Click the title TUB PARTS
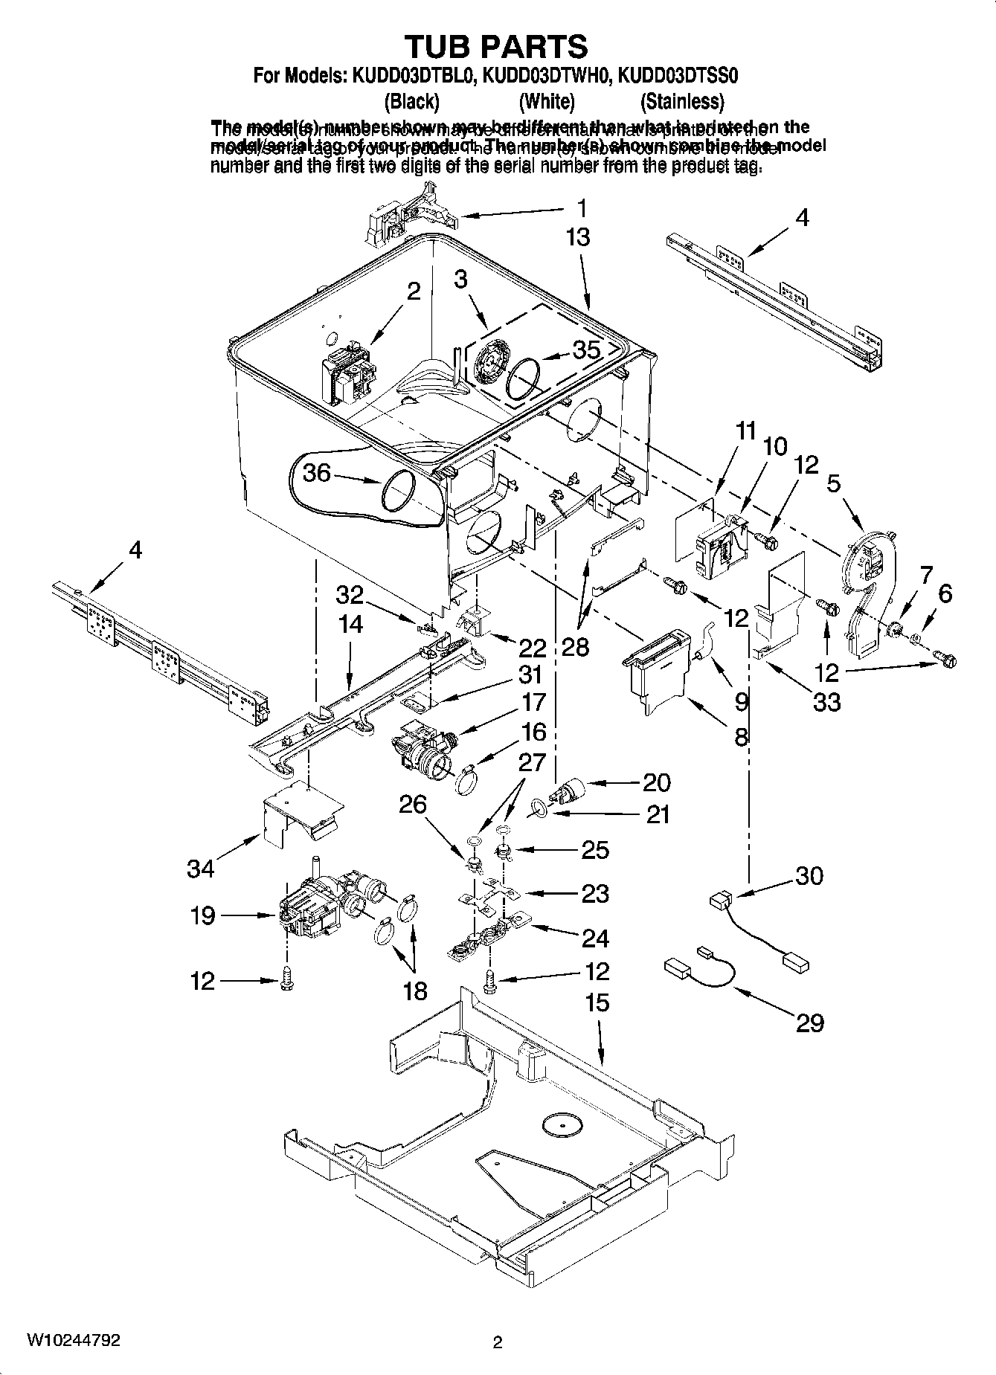coord(496,46)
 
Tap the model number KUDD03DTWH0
coord(547,75)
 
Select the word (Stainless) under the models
coord(681,100)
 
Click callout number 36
coord(318,472)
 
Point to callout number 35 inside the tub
coord(587,349)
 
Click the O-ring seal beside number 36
coord(398,492)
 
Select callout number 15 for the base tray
coord(597,1002)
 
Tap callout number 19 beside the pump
coord(202,915)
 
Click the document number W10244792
coord(74,1341)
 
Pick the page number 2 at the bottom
coord(498,1343)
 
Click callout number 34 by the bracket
coord(201,868)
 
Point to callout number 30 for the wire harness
coord(809,876)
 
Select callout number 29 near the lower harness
coord(809,1023)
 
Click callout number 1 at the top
coord(582,207)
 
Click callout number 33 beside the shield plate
coord(827,701)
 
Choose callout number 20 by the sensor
coord(656,782)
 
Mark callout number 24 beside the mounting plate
coord(595,938)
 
